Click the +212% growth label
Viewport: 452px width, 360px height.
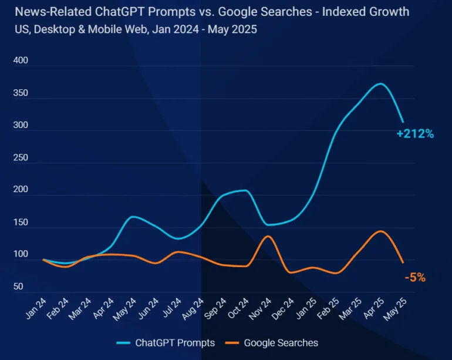[x=415, y=134]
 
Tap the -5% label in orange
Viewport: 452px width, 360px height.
[x=415, y=278]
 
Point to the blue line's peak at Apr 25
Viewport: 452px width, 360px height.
[x=380, y=84]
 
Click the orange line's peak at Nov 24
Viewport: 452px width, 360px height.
[x=268, y=236]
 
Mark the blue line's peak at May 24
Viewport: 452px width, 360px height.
[x=133, y=217]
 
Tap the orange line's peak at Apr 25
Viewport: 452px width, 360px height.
[x=380, y=231]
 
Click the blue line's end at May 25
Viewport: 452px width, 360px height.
[x=403, y=122]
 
